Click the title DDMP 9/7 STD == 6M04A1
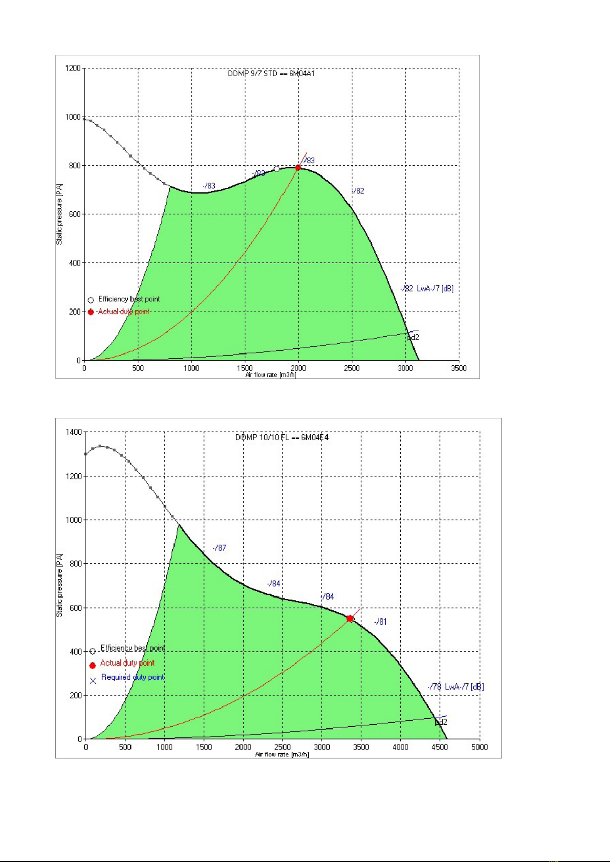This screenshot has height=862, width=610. [x=271, y=74]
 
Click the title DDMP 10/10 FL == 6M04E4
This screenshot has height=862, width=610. [x=282, y=437]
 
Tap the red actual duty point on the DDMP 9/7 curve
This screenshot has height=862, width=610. [x=298, y=168]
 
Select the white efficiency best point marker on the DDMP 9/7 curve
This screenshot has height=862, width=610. [x=277, y=169]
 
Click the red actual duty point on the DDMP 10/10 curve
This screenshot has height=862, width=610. [x=350, y=618]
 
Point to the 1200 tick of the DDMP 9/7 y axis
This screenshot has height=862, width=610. [x=73, y=68]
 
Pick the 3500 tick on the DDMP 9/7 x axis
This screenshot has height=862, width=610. [x=459, y=368]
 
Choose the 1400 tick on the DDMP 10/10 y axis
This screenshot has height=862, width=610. [x=73, y=432]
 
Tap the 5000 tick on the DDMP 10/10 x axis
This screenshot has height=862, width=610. [x=480, y=747]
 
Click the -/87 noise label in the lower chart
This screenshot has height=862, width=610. [x=220, y=548]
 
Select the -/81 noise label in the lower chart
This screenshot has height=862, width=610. [x=380, y=622]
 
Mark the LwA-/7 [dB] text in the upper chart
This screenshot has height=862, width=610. [x=435, y=289]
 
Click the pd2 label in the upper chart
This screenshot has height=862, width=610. [x=413, y=337]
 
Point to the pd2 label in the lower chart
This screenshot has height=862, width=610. [x=441, y=722]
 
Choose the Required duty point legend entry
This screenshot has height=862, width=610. [x=133, y=677]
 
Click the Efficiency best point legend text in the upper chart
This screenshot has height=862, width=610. [x=129, y=299]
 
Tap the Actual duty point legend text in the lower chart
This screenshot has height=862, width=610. [x=127, y=663]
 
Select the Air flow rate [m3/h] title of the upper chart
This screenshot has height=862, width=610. [x=271, y=375]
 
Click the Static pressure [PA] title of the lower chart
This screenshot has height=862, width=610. [x=60, y=585]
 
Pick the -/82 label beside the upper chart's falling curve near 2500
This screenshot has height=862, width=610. [x=358, y=191]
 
